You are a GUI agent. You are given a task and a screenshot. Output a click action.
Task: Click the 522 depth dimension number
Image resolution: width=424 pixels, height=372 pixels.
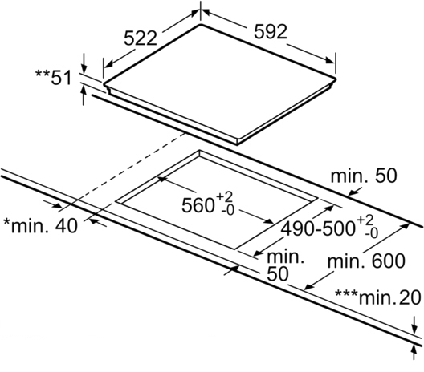(141, 38)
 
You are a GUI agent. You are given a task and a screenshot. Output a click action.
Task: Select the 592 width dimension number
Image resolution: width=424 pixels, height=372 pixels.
(270, 32)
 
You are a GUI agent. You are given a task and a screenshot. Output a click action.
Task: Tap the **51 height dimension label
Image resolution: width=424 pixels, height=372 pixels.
(54, 78)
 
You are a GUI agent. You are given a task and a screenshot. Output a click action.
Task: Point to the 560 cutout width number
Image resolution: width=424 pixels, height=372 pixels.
(198, 205)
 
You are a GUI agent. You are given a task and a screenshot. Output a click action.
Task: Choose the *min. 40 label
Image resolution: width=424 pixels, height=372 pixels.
(41, 226)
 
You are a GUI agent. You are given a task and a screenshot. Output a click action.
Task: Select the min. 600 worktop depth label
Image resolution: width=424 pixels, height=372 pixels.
(366, 261)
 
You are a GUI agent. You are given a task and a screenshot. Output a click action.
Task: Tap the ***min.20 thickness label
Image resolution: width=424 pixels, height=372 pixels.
(378, 297)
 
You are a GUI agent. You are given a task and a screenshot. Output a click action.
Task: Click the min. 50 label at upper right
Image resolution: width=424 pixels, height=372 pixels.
(364, 176)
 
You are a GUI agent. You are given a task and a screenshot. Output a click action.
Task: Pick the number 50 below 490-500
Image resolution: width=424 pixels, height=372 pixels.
(278, 274)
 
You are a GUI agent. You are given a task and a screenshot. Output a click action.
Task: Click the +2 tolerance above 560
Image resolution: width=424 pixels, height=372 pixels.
(224, 196)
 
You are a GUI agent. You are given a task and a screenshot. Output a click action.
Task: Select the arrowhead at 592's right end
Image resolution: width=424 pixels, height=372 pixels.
(330, 60)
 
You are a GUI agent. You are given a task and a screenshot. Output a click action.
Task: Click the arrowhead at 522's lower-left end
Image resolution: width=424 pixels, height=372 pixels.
(108, 64)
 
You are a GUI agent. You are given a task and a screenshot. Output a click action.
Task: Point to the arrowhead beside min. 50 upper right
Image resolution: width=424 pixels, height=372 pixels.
(353, 192)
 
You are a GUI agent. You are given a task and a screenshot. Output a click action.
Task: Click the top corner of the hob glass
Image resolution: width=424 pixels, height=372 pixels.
(201, 24)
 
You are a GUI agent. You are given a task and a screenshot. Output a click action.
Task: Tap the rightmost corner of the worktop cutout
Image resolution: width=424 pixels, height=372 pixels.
(318, 198)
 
